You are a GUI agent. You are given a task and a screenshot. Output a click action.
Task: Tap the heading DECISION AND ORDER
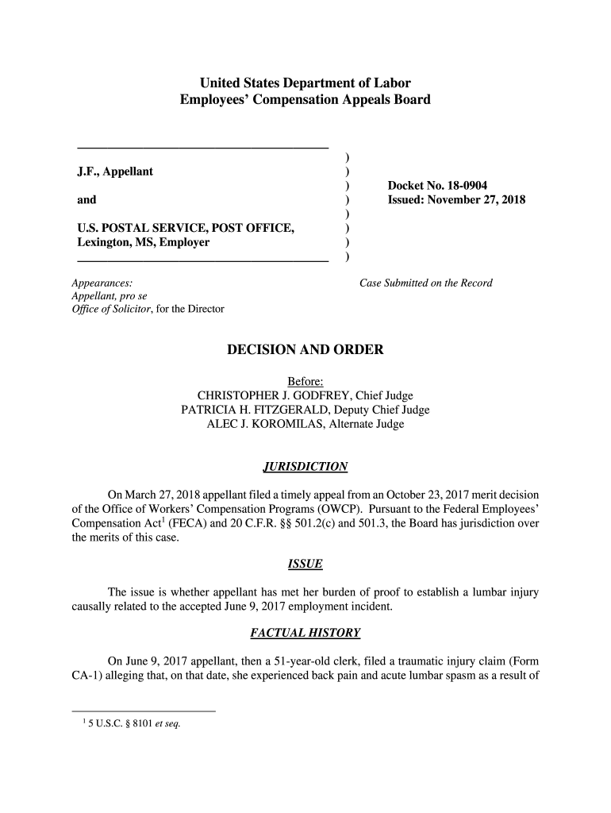[x=305, y=349]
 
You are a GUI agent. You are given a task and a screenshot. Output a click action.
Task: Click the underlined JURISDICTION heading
[x=305, y=466]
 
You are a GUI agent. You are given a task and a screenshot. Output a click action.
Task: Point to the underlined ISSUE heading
[x=305, y=564]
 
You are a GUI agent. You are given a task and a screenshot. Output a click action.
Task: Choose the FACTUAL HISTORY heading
[x=305, y=633]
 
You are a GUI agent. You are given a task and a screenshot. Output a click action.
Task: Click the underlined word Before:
[x=305, y=381]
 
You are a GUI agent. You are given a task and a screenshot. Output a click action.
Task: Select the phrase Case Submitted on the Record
[x=425, y=283]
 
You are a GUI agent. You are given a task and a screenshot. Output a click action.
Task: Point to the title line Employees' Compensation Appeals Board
[x=305, y=100]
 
